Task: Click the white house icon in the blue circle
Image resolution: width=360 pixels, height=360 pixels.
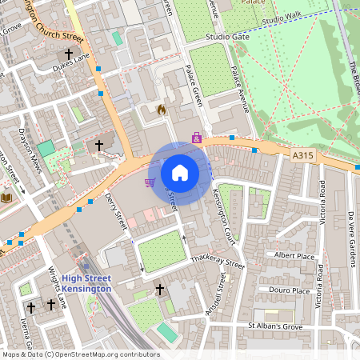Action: point(180,172)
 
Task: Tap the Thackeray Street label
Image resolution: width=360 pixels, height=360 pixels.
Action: point(217,262)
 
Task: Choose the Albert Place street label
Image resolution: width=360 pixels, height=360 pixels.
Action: point(294,255)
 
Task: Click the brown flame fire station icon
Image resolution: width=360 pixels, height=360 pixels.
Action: point(161,110)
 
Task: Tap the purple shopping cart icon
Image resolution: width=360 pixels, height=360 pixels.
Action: point(149,182)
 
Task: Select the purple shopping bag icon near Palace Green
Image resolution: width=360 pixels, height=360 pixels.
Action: point(197,138)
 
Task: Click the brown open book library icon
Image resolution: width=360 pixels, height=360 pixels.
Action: point(6,197)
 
